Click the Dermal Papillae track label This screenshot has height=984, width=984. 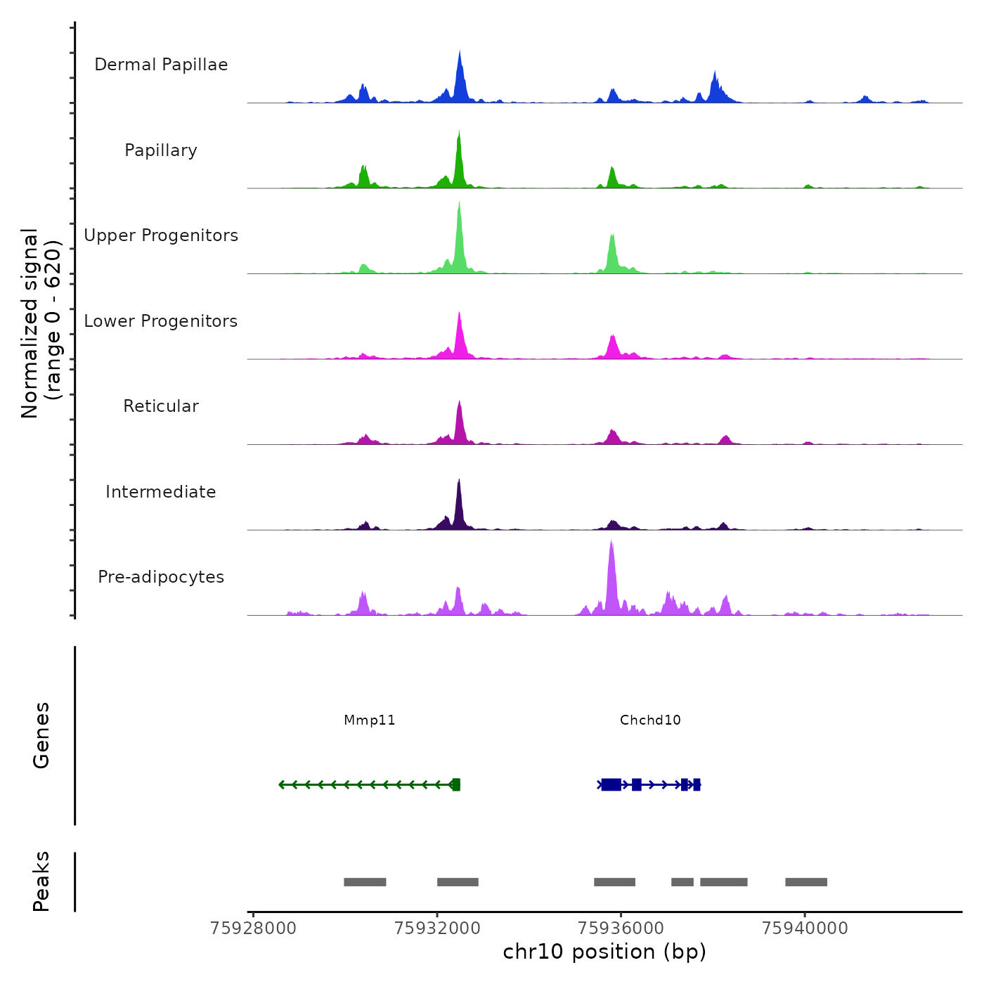[x=161, y=65]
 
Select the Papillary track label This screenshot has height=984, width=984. [x=161, y=150]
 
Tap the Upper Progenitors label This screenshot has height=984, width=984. [x=161, y=235]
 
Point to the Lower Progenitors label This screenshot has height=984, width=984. [x=161, y=321]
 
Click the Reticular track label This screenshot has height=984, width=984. [x=161, y=406]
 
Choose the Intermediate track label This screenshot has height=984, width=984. [x=161, y=492]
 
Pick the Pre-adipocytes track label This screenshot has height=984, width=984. [x=161, y=577]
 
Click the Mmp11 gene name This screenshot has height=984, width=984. [x=370, y=720]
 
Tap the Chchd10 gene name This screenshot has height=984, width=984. [x=650, y=720]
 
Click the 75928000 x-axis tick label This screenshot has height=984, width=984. [x=253, y=928]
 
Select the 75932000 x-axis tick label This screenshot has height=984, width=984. [x=437, y=928]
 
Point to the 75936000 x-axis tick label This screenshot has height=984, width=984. [x=621, y=928]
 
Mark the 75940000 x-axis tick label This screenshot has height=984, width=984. [x=805, y=928]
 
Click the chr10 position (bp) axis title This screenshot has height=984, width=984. [x=604, y=952]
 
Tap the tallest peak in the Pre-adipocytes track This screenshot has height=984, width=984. [x=611, y=545]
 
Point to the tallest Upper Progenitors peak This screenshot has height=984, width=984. [x=459, y=205]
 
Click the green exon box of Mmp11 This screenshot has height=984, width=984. [x=456, y=784]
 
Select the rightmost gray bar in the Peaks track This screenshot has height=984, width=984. [x=806, y=882]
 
